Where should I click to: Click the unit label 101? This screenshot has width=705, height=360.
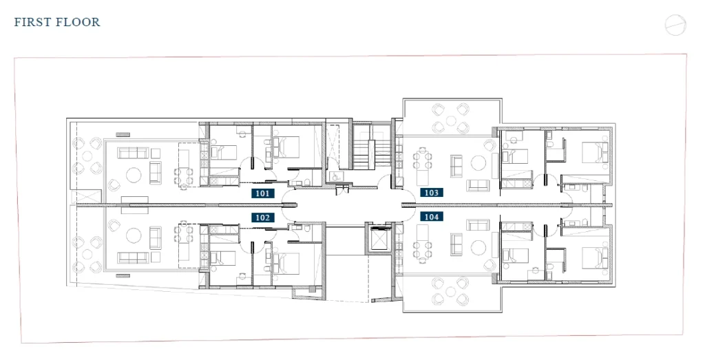tap(262, 193)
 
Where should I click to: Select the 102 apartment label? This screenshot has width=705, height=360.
tap(262, 218)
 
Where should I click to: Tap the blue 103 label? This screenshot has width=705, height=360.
tap(431, 193)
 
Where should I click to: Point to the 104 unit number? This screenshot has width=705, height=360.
tap(431, 217)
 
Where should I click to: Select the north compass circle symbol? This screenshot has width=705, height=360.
tap(675, 25)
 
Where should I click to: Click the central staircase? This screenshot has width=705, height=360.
tap(371, 146)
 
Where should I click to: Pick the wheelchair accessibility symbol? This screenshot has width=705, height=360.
tap(335, 177)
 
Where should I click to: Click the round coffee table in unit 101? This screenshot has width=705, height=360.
tap(134, 175)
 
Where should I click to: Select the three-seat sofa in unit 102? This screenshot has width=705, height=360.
tap(133, 257)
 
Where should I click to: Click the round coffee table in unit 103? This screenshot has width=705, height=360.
tap(478, 162)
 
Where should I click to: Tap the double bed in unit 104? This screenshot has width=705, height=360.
tap(596, 258)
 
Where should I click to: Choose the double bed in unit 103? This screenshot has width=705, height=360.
tap(596, 152)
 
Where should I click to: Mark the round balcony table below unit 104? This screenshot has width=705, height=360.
tap(450, 292)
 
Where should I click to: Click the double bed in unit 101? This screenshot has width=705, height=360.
tap(286, 147)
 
